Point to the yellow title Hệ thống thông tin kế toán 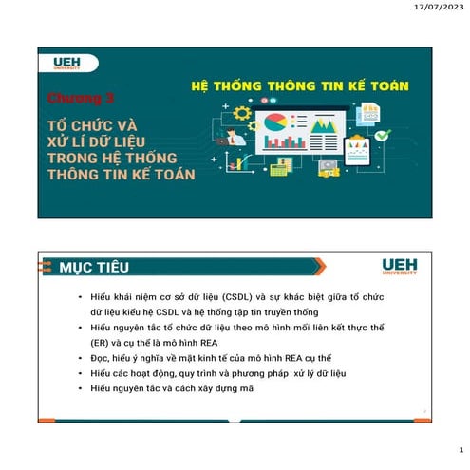click(293, 86)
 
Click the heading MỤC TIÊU click(94, 265)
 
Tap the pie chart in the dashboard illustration click(276, 123)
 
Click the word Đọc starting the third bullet click(100, 358)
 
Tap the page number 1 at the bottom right click(460, 450)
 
